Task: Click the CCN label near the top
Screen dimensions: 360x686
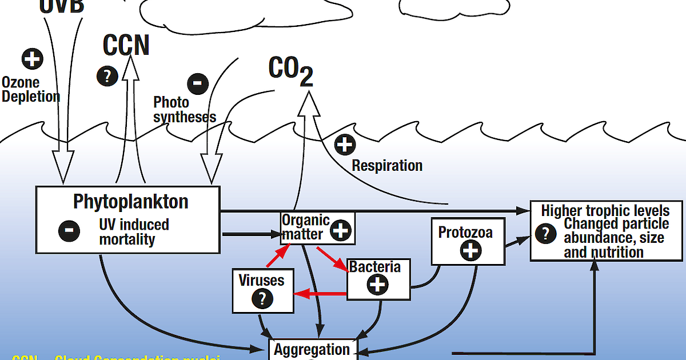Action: [x=126, y=45]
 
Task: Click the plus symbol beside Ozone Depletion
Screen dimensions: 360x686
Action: [x=32, y=59]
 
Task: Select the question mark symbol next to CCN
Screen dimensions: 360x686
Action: [x=107, y=75]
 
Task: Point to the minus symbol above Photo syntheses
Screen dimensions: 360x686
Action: [x=197, y=83]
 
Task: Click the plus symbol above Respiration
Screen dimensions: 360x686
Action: [x=345, y=145]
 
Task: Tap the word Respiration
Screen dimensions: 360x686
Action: [x=387, y=166]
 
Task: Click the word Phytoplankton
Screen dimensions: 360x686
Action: [x=130, y=202]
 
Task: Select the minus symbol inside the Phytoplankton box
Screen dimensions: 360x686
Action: [x=69, y=231]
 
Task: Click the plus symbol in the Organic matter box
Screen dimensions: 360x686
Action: [x=341, y=231]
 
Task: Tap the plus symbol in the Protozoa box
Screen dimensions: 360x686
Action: [x=470, y=250]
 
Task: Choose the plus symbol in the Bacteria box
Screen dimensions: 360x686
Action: [x=377, y=284]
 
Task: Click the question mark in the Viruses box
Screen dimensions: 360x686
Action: [x=262, y=298]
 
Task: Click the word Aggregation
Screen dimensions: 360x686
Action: [x=312, y=349]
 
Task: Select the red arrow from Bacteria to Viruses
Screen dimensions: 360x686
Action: [x=320, y=294]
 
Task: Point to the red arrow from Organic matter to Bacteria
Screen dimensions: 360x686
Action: [x=332, y=258]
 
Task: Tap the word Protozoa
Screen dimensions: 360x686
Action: [x=465, y=233]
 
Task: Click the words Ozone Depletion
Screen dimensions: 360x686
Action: [x=31, y=90]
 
